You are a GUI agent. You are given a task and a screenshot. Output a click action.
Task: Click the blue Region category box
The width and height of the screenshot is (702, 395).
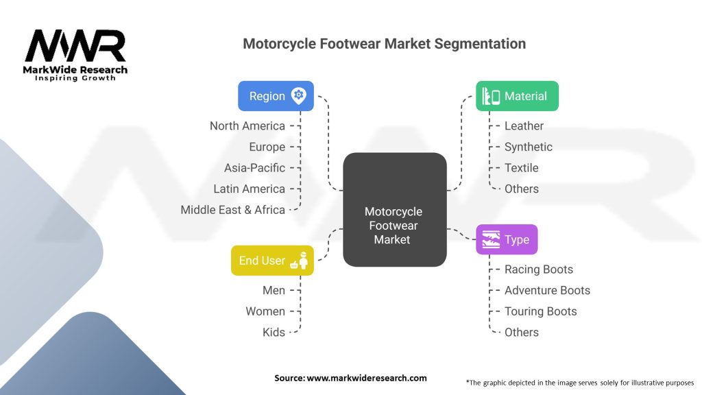[x=276, y=96]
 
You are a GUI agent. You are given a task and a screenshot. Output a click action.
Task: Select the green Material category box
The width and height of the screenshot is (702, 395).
[x=517, y=96]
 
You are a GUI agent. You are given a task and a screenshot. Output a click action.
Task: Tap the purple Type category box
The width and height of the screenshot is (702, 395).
[x=507, y=239]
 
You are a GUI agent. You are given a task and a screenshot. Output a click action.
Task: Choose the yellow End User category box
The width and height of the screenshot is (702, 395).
[x=272, y=261]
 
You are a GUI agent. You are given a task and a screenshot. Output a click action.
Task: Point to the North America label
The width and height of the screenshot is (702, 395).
[x=247, y=125]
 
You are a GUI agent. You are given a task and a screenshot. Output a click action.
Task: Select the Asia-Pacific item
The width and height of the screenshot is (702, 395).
[x=254, y=168]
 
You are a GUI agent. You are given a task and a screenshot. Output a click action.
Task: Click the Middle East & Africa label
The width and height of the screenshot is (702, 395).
[x=232, y=210]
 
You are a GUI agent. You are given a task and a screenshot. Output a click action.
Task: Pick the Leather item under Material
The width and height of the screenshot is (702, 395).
[x=524, y=125]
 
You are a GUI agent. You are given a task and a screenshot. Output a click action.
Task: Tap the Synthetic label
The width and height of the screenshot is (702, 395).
[x=528, y=147]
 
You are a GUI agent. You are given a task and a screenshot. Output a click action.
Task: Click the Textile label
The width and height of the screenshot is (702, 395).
[x=521, y=168]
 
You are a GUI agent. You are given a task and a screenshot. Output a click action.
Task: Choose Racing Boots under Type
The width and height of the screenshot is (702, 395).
[x=538, y=270]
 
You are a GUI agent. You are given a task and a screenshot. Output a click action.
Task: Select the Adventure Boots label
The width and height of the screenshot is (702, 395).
[x=547, y=290]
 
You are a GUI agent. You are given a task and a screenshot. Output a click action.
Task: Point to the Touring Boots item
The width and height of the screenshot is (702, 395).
[x=540, y=311]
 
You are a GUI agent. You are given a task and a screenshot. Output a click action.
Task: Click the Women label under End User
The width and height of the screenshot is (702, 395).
[x=265, y=311]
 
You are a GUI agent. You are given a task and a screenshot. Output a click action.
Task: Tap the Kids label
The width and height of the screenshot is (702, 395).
[x=274, y=332]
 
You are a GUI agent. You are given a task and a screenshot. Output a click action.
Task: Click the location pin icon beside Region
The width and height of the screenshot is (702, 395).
[x=298, y=96]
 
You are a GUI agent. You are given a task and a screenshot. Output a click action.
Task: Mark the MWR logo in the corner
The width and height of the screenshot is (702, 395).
[x=75, y=53]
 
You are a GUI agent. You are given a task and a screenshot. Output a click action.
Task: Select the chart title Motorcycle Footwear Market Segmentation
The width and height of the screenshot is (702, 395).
[x=384, y=44]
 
